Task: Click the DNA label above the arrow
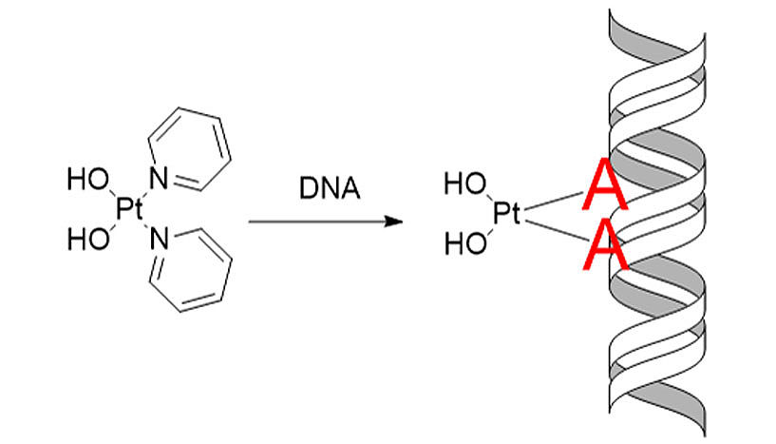click(330, 188)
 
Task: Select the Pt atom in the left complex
click(128, 208)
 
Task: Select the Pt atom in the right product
click(506, 214)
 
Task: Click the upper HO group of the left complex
click(88, 179)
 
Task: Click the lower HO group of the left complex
click(88, 240)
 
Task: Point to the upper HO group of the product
click(465, 183)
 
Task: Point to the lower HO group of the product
click(465, 244)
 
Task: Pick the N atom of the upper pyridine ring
click(159, 179)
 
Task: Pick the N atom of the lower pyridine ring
click(159, 239)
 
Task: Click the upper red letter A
click(605, 183)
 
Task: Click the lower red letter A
click(606, 244)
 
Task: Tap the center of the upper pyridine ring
click(190, 148)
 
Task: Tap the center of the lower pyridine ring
click(191, 270)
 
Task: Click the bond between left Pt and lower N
click(144, 225)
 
